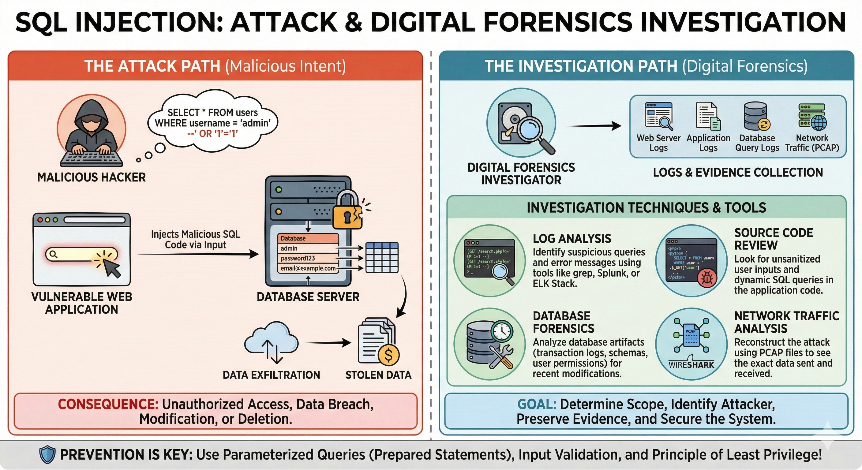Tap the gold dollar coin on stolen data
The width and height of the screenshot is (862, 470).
click(x=388, y=355)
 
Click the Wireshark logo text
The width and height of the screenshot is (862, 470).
click(x=691, y=365)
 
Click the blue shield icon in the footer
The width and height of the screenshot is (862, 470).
click(x=47, y=455)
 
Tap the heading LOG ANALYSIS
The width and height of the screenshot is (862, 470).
click(x=572, y=238)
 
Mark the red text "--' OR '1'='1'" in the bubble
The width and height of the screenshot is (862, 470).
click(x=212, y=134)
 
